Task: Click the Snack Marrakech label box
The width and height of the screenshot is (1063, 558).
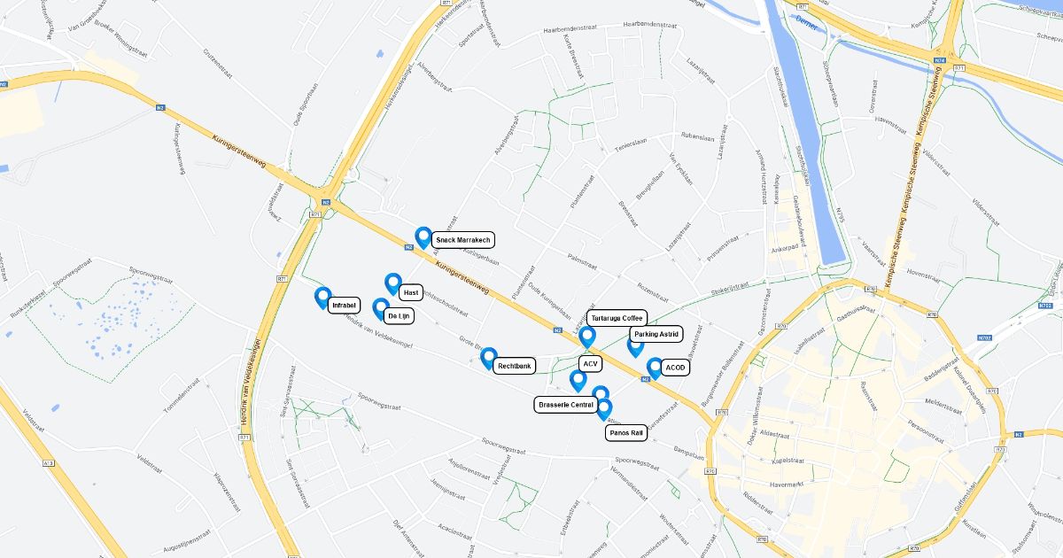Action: pyautogui.click(x=463, y=240)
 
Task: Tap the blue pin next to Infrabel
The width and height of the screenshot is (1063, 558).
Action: pyautogui.click(x=322, y=298)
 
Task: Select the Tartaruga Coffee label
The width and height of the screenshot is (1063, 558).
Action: pyautogui.click(x=617, y=318)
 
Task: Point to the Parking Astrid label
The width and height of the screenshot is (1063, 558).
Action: pyautogui.click(x=656, y=334)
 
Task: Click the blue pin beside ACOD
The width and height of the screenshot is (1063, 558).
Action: pyautogui.click(x=655, y=368)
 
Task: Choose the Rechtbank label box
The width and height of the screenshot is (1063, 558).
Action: pyautogui.click(x=514, y=365)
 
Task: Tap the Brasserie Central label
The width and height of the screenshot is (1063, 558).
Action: pyautogui.click(x=566, y=405)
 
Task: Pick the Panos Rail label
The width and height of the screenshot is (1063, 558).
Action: pyautogui.click(x=625, y=433)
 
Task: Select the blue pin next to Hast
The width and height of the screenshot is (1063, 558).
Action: pyautogui.click(x=393, y=283)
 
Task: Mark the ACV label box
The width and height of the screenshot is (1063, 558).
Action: pyautogui.click(x=591, y=363)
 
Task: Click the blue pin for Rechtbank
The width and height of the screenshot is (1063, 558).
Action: pyautogui.click(x=488, y=358)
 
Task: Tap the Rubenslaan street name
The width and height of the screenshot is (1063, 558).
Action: pyautogui.click(x=697, y=136)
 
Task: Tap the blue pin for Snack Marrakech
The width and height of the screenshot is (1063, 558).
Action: pyautogui.click(x=423, y=237)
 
